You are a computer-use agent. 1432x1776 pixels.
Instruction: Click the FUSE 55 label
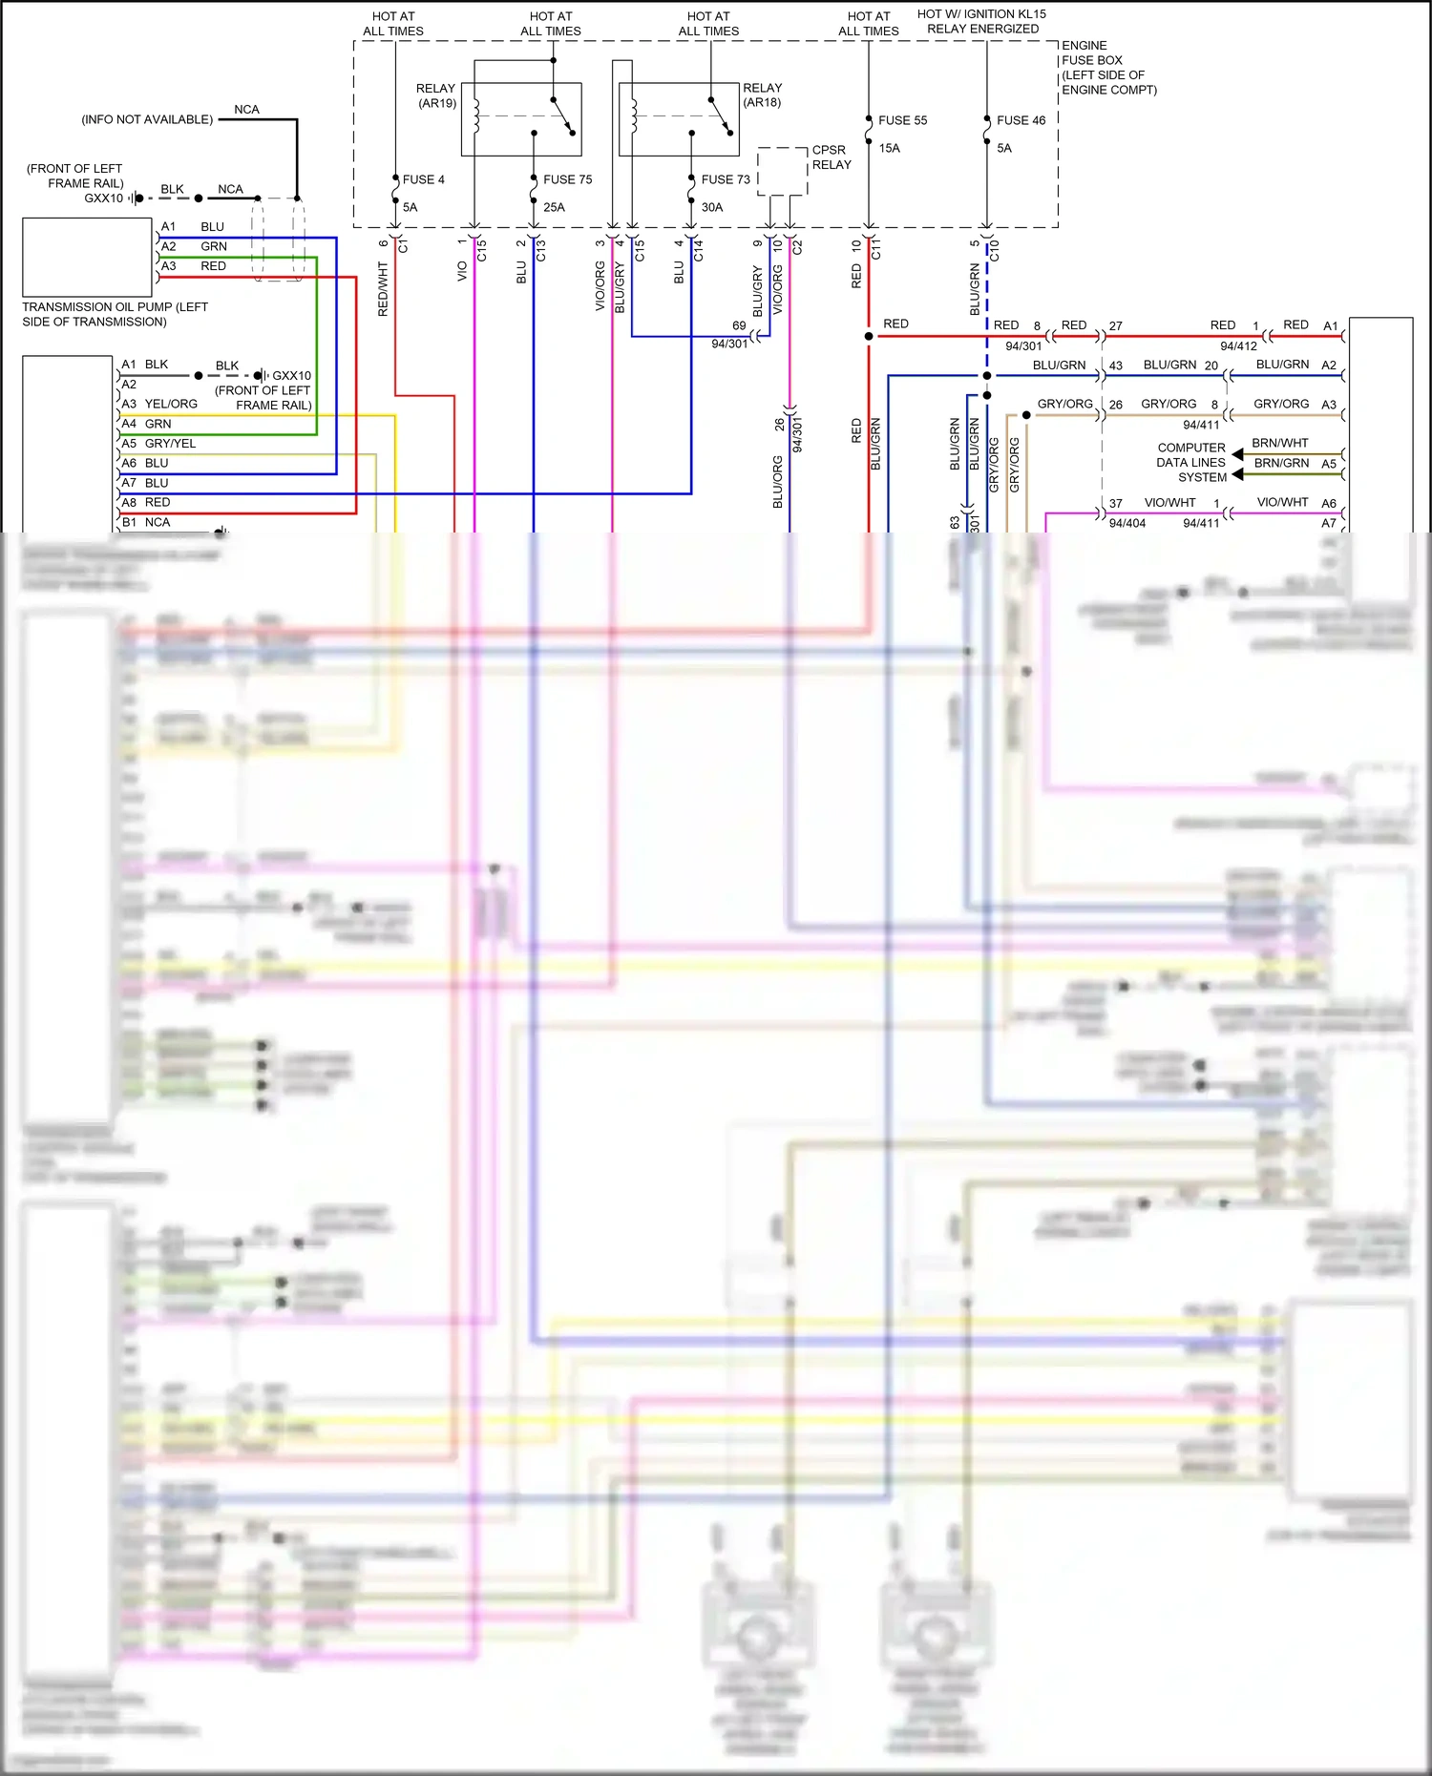(902, 120)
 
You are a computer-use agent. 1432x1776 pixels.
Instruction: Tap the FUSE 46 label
(1021, 120)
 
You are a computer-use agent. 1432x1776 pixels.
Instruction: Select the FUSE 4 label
(423, 179)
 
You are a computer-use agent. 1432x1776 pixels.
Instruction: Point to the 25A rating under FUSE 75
(554, 207)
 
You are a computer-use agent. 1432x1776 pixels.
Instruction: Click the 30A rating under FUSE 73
(712, 207)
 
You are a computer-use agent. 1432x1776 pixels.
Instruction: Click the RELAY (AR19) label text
(436, 95)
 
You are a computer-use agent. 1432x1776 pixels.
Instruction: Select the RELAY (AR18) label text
(762, 94)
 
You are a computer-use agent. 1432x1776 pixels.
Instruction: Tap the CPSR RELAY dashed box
(782, 171)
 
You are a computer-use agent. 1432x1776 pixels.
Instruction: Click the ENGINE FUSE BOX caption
(1107, 67)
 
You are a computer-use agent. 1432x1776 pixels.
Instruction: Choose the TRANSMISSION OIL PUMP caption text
(115, 314)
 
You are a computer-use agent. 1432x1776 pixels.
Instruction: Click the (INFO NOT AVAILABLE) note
(147, 119)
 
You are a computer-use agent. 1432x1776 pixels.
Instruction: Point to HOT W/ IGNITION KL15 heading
(981, 21)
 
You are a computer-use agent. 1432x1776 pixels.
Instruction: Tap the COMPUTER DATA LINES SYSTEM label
(1190, 462)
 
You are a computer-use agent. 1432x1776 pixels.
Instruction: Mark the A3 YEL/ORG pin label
(158, 404)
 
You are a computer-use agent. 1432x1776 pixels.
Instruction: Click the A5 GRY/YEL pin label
(158, 443)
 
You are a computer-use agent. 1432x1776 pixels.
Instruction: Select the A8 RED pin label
(145, 502)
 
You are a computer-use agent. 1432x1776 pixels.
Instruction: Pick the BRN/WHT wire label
(1279, 443)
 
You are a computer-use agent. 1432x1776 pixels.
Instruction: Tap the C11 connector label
(875, 250)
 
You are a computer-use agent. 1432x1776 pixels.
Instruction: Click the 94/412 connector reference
(1238, 345)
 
